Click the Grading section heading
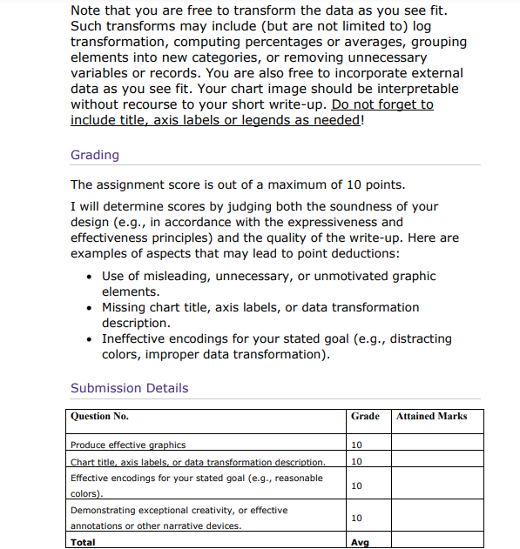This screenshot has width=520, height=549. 94,155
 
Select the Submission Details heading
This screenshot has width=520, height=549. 129,388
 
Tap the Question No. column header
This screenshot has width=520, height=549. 99,416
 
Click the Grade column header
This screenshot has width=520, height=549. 364,416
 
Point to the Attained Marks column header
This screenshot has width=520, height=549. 431,416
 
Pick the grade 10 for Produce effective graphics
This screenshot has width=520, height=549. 355,445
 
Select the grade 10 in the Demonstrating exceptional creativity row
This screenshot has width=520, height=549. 355,518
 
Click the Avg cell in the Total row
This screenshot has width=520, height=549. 358,542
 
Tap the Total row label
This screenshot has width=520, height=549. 83,542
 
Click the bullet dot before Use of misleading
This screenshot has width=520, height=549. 91,277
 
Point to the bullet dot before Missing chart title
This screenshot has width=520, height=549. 91,308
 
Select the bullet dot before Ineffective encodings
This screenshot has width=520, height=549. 91,339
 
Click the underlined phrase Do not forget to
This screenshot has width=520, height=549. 382,104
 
